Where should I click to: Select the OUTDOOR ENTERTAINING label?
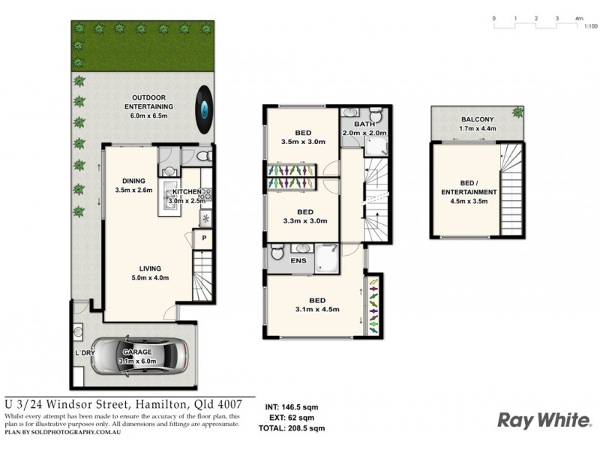tap(149, 102)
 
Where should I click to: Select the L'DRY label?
tap(84, 352)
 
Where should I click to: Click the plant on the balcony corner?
tap(517, 113)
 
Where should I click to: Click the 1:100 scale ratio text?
tap(590, 26)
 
